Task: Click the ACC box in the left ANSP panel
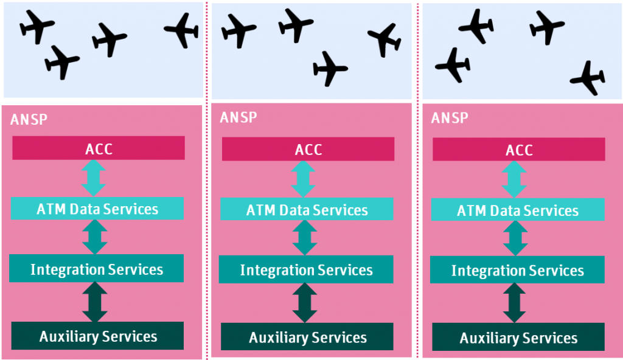click(x=98, y=148)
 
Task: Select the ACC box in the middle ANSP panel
click(x=308, y=149)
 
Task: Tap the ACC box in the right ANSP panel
click(x=518, y=150)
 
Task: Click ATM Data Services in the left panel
click(x=97, y=209)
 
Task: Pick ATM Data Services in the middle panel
click(x=307, y=210)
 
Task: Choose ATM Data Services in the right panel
click(x=517, y=210)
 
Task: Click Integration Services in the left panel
click(x=97, y=269)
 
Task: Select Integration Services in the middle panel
click(x=306, y=269)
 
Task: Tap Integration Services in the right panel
click(x=517, y=270)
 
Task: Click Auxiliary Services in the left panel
click(x=97, y=336)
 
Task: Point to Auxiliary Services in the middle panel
click(x=307, y=337)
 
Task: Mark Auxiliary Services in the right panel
click(x=518, y=337)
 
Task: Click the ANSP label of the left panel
click(x=29, y=119)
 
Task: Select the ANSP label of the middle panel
click(x=238, y=117)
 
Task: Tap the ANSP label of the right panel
click(x=450, y=117)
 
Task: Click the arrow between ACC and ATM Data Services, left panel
click(x=94, y=178)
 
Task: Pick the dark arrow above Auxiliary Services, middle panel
click(x=305, y=303)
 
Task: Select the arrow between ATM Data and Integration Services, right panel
click(x=515, y=238)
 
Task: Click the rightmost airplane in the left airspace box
click(x=182, y=29)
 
